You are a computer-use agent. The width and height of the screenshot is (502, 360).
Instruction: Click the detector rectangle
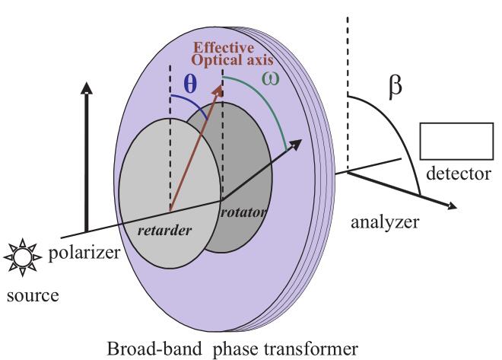(x=456, y=139)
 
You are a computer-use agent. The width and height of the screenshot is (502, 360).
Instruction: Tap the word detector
(x=459, y=174)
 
